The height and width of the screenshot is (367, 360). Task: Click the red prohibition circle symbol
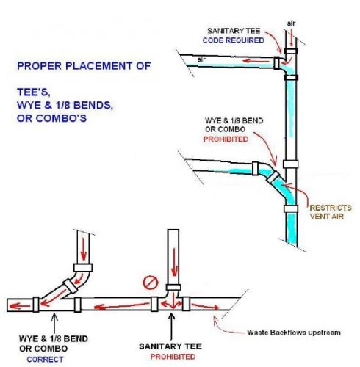coord(151,283)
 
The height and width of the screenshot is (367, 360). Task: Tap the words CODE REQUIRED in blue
coord(233,40)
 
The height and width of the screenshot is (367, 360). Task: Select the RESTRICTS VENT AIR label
coord(331,212)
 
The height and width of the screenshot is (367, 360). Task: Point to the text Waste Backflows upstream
coord(294,333)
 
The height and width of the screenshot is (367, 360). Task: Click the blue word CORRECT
coord(45,360)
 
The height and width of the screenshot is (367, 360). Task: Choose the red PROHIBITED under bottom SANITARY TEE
coord(173,357)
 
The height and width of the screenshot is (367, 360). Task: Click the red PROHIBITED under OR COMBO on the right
coord(226,139)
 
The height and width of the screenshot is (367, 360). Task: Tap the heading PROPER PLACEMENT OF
coord(84,66)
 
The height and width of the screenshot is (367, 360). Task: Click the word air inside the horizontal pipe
coord(201,59)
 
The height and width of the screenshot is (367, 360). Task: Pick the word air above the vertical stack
coord(291,23)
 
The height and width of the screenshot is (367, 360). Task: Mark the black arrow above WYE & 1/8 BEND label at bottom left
coord(54,323)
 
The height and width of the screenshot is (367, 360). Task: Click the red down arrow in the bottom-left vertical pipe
coord(84,249)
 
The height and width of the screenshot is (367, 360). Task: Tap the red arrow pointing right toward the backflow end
coord(205,306)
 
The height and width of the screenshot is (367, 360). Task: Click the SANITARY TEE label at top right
coord(234,31)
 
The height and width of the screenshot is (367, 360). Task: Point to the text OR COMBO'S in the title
coord(51,118)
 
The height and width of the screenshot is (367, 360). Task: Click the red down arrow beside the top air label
coord(291,38)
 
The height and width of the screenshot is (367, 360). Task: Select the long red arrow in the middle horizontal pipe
coord(121,306)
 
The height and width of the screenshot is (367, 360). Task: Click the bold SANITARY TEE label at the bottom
coord(170,346)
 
